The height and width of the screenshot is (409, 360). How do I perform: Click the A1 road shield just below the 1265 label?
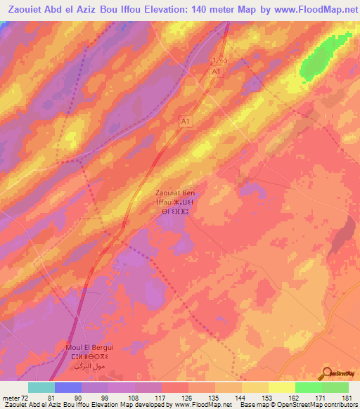tap(217, 72)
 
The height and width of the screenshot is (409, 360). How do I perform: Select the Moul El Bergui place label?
tap(74, 356)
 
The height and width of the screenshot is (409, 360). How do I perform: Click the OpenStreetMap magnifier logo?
tap(328, 374)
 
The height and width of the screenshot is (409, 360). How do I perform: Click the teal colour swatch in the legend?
tap(41, 387)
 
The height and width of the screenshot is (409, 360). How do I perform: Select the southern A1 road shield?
tap(186, 122)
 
